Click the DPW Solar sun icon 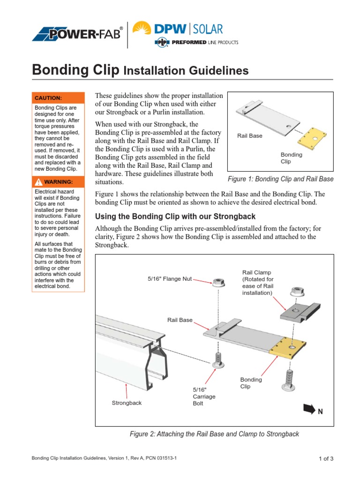(142, 29)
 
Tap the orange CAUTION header (58, 98)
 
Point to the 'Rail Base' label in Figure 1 (250, 136)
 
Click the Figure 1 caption (280, 179)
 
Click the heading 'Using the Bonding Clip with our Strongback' (175, 217)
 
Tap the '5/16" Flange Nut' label (170, 279)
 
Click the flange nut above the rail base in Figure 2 (217, 283)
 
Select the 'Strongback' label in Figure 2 (127, 403)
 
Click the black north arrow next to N (309, 409)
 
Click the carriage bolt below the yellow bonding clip (288, 379)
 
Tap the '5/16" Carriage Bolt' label (204, 397)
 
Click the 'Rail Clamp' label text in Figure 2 (256, 272)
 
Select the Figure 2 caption (214, 434)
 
